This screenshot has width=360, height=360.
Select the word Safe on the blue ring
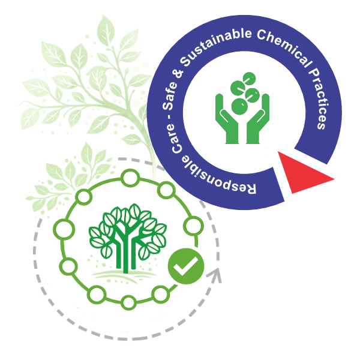(x=170, y=95)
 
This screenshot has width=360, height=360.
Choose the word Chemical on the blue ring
(x=287, y=49)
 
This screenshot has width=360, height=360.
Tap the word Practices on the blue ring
(x=319, y=99)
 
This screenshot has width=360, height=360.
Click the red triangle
(x=303, y=173)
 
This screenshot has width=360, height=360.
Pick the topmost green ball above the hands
(x=249, y=79)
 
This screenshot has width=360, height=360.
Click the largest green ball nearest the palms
(x=239, y=107)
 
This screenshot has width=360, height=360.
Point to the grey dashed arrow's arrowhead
(x=214, y=275)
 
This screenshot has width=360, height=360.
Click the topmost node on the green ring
(x=130, y=178)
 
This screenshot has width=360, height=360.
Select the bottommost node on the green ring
(x=128, y=302)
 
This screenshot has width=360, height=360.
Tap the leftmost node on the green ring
(x=64, y=229)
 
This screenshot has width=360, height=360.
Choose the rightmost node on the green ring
(x=193, y=226)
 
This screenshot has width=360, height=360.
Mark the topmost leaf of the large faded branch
(x=106, y=29)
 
